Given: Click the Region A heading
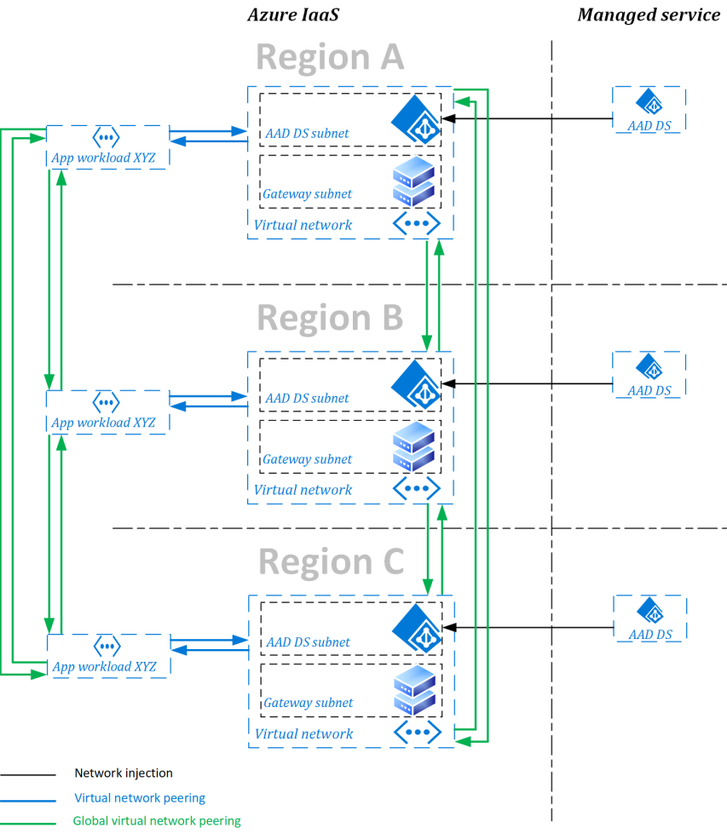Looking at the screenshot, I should pos(329,57).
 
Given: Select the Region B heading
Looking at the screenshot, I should pos(329,318).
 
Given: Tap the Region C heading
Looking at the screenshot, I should pos(331,562).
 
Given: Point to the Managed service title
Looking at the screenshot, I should pos(649,14).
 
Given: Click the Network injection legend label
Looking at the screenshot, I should pos(124,774).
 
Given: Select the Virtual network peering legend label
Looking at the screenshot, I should pos(140,798).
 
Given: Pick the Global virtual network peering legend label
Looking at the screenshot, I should pos(157,821).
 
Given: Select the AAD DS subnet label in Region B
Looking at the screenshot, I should pos(307,398).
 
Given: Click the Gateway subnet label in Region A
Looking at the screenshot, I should pos(307,194).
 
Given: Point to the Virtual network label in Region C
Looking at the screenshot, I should pos(303,733).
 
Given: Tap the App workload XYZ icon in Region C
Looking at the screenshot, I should pos(107,645).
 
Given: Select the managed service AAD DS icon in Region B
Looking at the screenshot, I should pos(650,367).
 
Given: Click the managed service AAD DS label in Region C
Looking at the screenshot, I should pos(650,635).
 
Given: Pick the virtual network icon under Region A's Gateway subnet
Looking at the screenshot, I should pos(416,223).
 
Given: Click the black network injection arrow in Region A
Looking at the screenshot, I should pos(528,120).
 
